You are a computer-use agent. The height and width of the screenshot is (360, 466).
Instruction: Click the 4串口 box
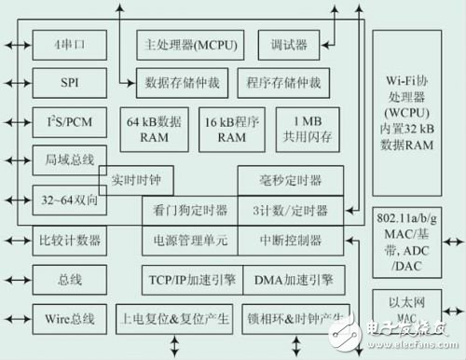click(69, 44)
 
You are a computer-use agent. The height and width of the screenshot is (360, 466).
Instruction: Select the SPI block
click(69, 82)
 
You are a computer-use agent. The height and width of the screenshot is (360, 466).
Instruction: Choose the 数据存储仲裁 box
click(183, 82)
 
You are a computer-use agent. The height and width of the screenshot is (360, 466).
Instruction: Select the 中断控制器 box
click(290, 241)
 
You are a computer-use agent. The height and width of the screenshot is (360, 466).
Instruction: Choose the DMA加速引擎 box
click(290, 280)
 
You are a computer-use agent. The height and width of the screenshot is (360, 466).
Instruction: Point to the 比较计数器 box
click(69, 241)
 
